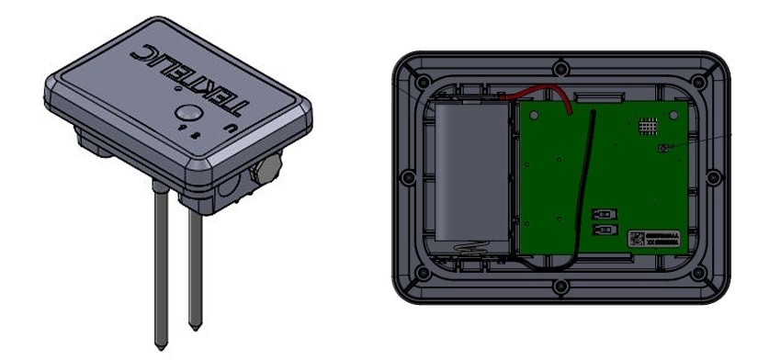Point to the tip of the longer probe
[159, 338]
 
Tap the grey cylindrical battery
[470, 174]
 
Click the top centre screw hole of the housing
[560, 67]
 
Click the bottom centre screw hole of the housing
[560, 287]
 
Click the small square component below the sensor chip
[662, 148]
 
